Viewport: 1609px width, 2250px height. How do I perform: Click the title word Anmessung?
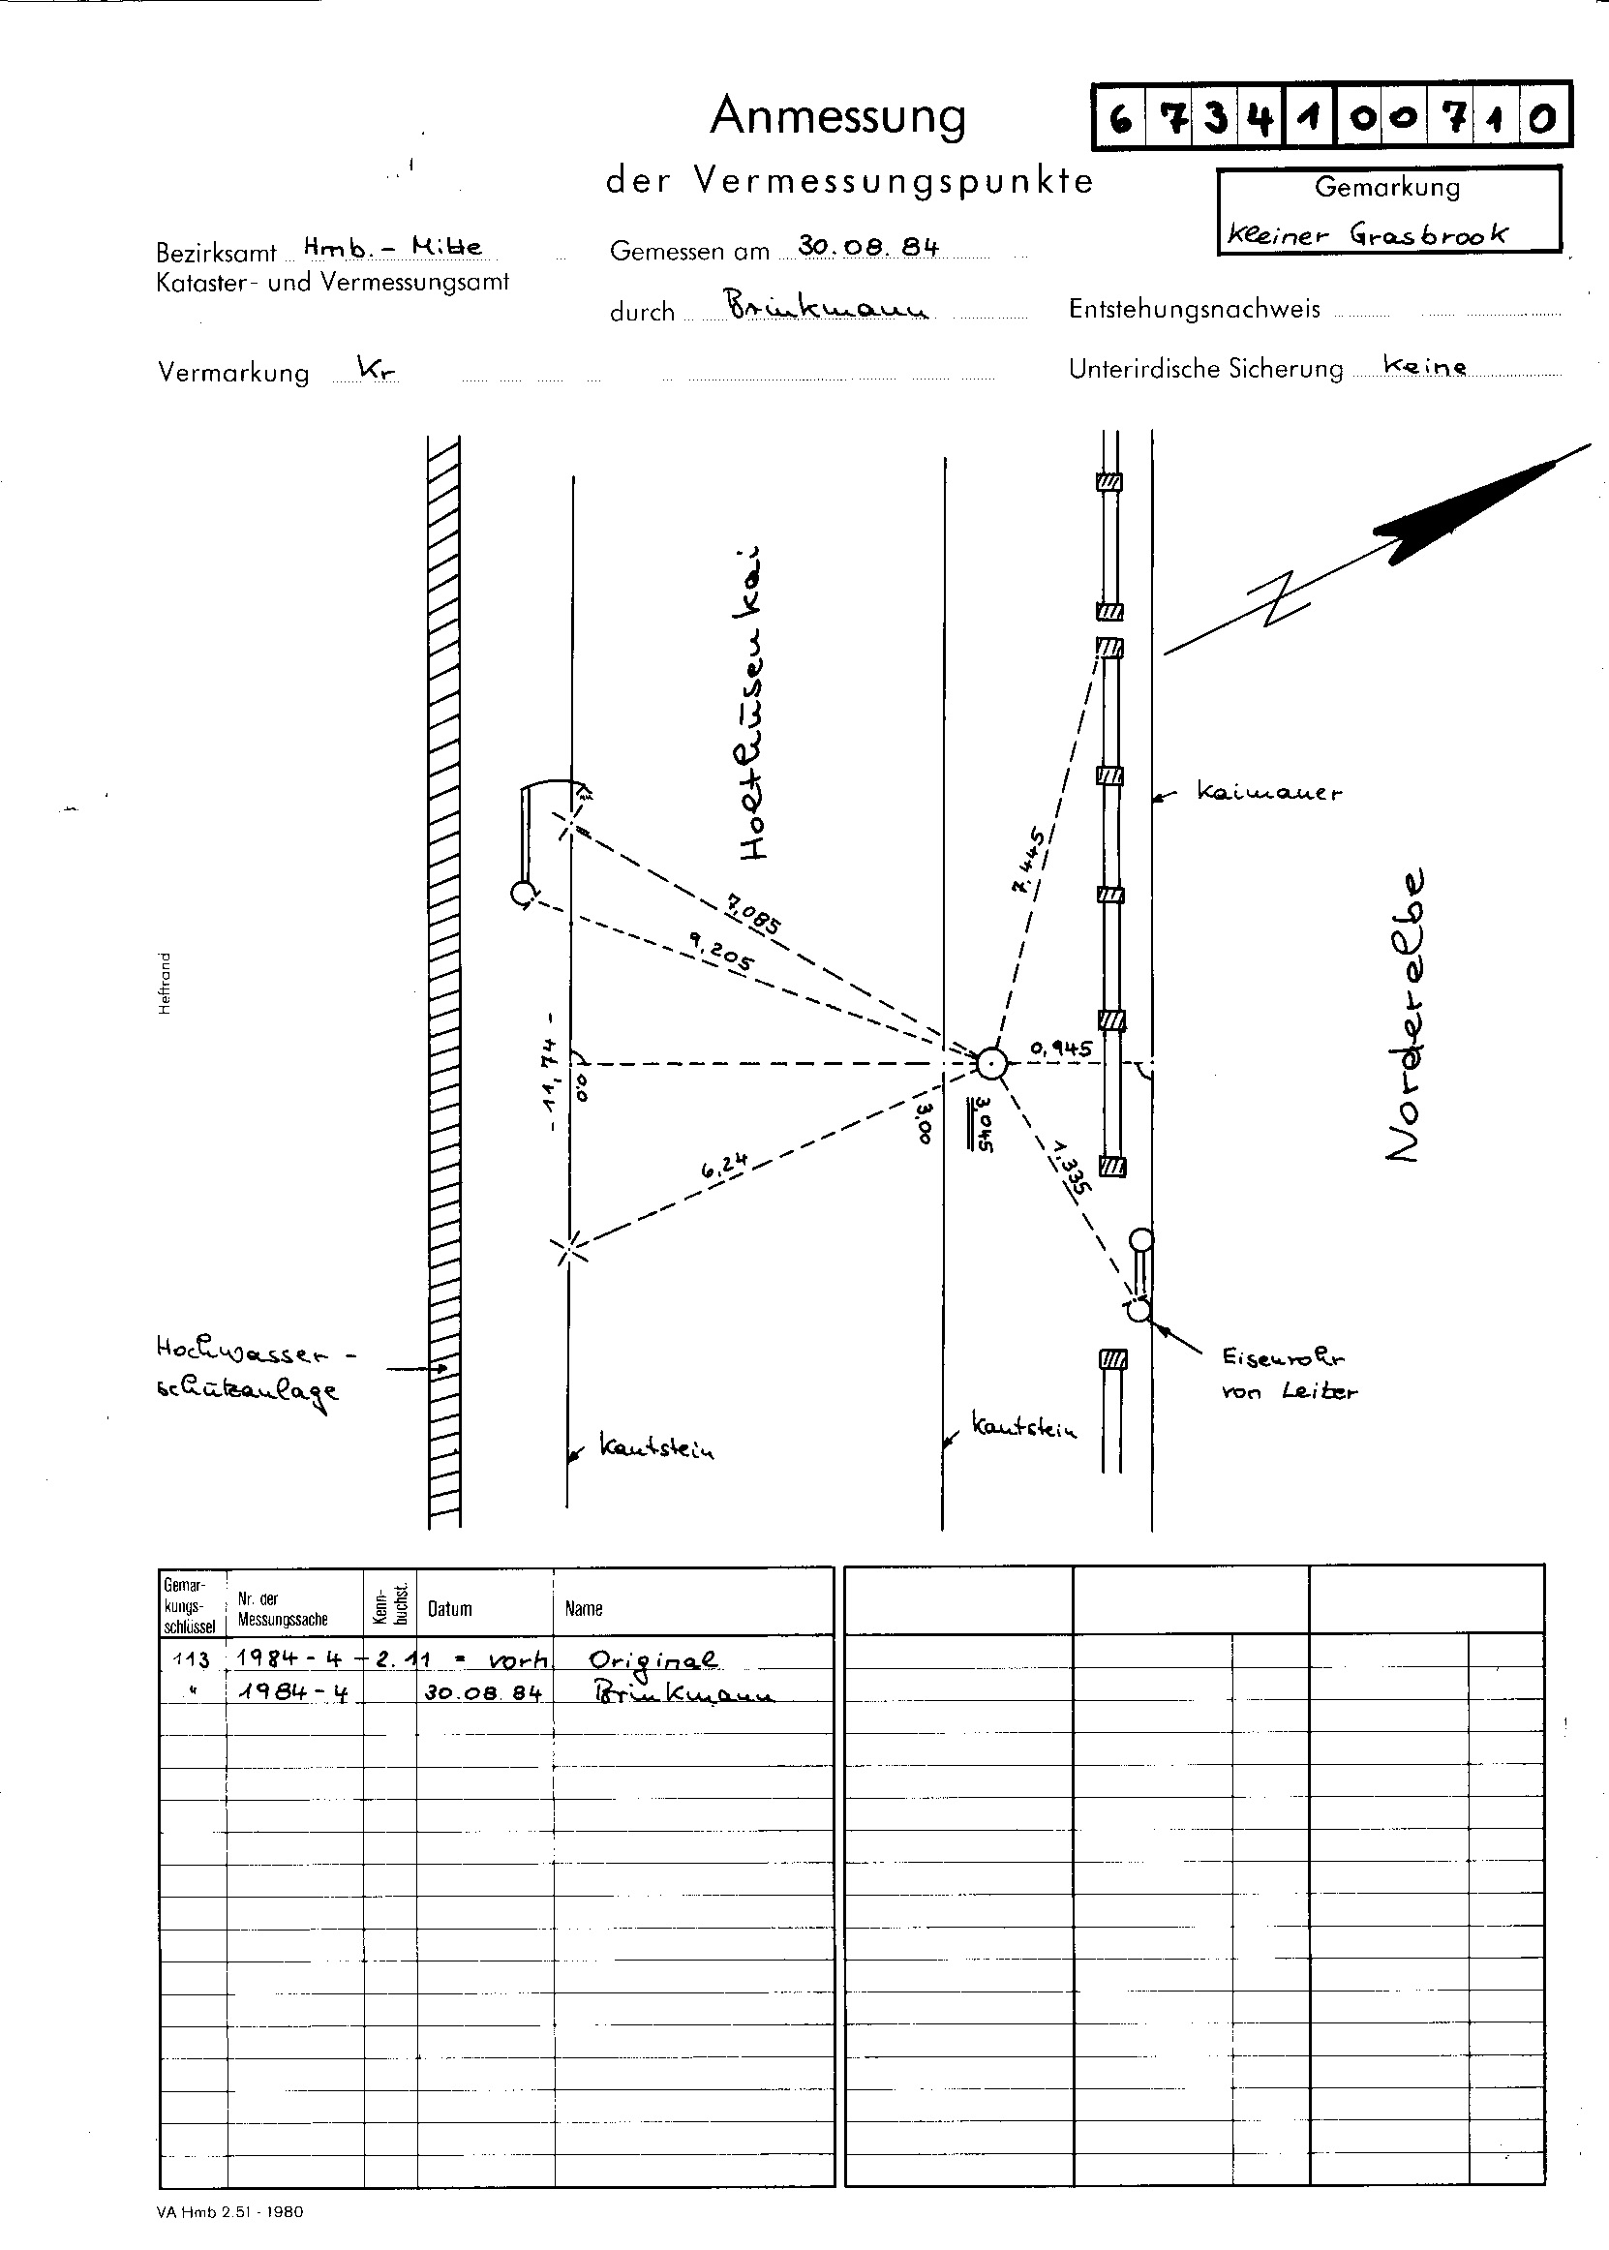[837, 117]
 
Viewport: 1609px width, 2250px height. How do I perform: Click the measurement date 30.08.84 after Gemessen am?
[867, 247]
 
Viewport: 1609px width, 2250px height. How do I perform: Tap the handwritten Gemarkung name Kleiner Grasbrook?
[1367, 235]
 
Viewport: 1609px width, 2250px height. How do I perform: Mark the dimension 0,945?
[1060, 1049]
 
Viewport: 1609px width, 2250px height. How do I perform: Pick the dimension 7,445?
[1026, 860]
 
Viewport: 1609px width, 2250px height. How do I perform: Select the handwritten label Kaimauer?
[1268, 792]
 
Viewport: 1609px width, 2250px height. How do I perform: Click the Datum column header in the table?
[450, 1609]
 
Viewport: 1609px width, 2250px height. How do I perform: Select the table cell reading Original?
[653, 1659]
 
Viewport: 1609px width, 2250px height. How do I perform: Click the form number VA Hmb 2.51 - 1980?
[229, 2211]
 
